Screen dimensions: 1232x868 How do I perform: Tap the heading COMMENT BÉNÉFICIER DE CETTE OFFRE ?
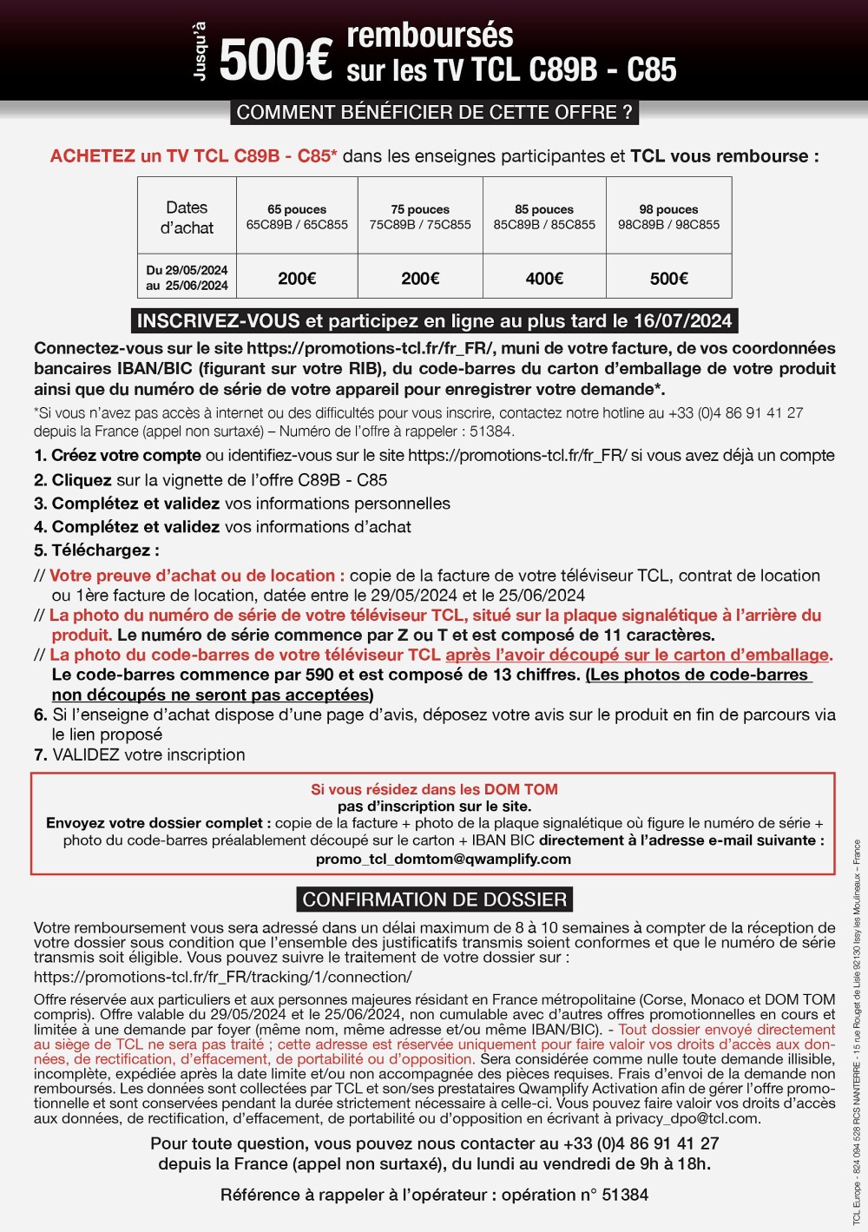click(434, 113)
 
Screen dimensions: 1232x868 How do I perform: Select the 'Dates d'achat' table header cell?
click(187, 217)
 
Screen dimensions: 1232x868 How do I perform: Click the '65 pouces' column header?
click(297, 210)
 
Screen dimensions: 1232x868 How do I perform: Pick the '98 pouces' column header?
click(668, 210)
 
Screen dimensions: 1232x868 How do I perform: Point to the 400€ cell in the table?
click(544, 279)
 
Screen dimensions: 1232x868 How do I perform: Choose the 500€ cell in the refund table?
click(668, 279)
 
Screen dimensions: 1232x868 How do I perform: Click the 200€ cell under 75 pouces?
click(420, 279)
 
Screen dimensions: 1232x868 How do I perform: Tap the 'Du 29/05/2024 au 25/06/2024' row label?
click(187, 278)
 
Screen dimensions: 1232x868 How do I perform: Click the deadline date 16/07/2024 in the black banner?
click(682, 321)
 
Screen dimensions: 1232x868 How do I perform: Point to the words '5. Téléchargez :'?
click(96, 550)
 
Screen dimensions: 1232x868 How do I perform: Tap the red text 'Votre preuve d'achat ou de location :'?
click(197, 576)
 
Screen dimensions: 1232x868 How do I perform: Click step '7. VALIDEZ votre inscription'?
click(140, 755)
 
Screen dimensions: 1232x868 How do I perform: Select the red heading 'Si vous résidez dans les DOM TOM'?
click(434, 790)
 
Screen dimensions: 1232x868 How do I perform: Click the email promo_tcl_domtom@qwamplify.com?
click(444, 860)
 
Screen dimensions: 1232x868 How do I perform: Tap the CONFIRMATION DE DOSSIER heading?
click(435, 899)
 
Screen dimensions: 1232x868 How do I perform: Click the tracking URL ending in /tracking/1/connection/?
click(222, 977)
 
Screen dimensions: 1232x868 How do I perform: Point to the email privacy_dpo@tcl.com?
click(686, 1118)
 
